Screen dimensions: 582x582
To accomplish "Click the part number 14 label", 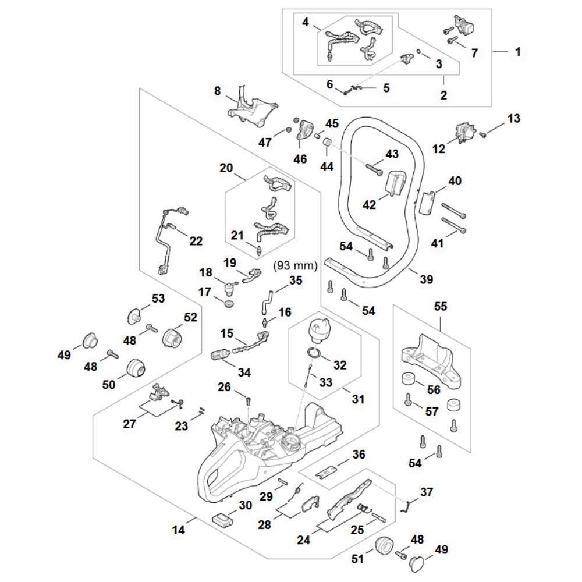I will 178,530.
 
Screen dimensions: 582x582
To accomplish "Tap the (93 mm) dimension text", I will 295,266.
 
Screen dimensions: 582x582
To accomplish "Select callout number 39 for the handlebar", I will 426,280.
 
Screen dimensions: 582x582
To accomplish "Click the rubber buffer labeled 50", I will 136,368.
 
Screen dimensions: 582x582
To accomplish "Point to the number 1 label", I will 517,51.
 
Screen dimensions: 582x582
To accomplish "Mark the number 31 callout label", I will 359,400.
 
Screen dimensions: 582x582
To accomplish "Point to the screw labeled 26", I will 249,400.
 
